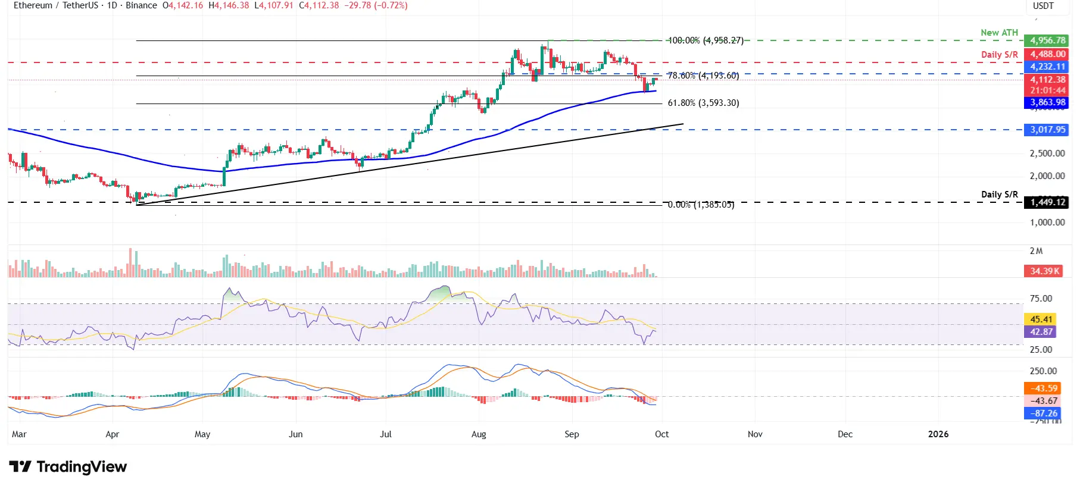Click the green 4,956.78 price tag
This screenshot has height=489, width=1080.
click(1047, 40)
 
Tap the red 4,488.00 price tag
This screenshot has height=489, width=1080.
click(1047, 54)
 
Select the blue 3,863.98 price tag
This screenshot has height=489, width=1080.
click(1047, 102)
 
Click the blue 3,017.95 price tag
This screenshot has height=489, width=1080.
click(1047, 130)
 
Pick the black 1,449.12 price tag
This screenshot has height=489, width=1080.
click(1047, 202)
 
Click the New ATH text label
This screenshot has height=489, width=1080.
click(999, 33)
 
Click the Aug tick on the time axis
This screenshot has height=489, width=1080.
click(479, 434)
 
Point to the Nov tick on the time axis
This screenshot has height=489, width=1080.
click(755, 434)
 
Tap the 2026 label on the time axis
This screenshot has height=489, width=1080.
click(938, 434)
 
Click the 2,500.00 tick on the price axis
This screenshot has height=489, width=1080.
click(1047, 153)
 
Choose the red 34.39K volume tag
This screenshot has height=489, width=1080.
click(1045, 271)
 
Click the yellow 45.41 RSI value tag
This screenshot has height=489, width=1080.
click(1041, 319)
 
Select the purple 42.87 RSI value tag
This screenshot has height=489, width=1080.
click(1041, 332)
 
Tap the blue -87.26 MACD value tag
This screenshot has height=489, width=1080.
click(1044, 413)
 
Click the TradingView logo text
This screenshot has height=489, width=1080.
click(82, 467)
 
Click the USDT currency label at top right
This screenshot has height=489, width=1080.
click(1043, 6)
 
